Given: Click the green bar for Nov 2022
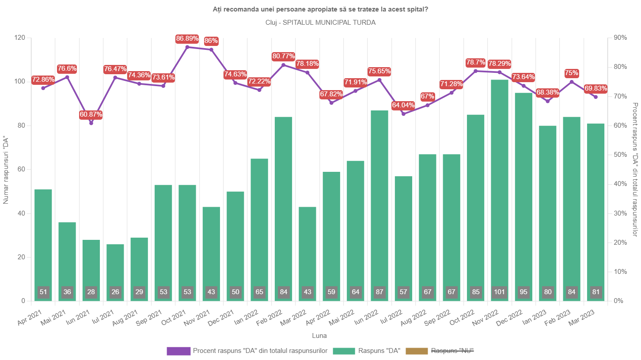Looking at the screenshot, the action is [500, 190].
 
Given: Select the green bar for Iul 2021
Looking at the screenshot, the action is [115, 273].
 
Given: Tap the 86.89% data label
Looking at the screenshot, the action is [187, 38].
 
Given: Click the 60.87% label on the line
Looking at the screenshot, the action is [91, 114].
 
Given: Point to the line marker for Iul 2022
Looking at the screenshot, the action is [403, 114].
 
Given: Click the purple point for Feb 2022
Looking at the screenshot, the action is [283, 65].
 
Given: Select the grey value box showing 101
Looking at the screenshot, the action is [500, 292].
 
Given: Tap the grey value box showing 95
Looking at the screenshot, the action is [523, 292].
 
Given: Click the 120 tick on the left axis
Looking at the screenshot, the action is [20, 38].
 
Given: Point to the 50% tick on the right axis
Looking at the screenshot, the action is [619, 155].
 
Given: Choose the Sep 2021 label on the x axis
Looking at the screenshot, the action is [149, 318].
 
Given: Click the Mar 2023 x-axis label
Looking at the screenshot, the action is [582, 318].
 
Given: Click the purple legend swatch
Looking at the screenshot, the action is [178, 351].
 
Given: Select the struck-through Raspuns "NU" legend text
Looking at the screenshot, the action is [452, 351].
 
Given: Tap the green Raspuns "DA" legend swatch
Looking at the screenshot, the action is [344, 351].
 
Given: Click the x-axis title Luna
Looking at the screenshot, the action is [319, 336].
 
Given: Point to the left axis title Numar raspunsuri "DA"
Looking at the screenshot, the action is [6, 171].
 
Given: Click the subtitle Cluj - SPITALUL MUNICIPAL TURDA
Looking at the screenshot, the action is [321, 23].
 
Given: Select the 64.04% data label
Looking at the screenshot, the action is [403, 105].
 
